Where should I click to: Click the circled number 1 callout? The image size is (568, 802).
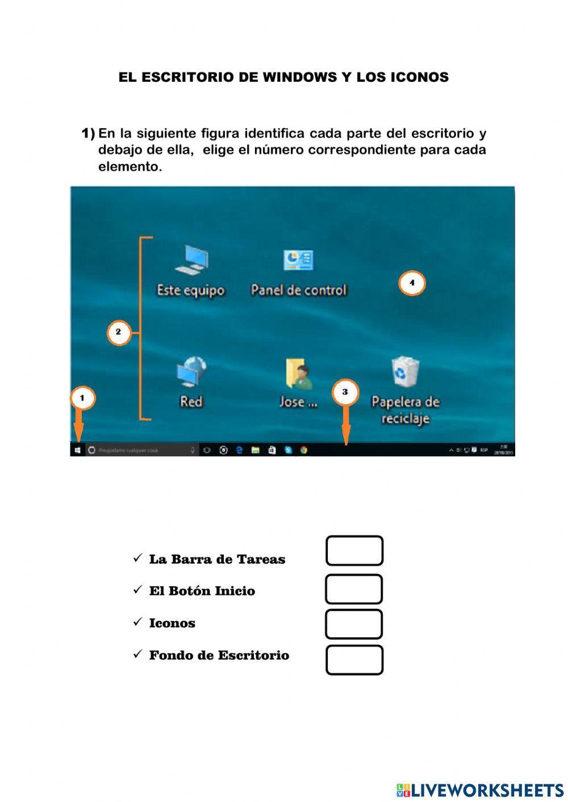(82, 398)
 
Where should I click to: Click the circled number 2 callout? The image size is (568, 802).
(118, 333)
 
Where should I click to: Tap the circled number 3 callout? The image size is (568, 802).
(345, 392)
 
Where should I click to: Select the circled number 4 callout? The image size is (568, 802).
(412, 283)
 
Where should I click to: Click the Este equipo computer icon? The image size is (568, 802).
(191, 261)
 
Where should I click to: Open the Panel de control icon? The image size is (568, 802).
(298, 261)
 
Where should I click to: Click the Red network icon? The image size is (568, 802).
(191, 372)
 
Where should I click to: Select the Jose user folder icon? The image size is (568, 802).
(299, 373)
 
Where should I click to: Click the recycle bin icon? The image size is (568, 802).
(406, 372)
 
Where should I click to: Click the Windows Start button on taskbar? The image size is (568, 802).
(77, 450)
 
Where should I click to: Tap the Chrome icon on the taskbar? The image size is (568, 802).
(304, 450)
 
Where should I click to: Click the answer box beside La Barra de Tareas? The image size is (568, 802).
(354, 551)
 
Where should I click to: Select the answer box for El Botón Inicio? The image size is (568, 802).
(354, 589)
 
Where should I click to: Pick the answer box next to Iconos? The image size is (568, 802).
(354, 624)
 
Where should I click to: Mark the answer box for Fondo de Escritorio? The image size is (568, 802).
(354, 660)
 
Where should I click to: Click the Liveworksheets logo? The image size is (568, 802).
(480, 790)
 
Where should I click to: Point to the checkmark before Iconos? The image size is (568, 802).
(137, 622)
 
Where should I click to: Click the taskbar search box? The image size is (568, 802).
(142, 450)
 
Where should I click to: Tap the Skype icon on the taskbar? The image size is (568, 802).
(288, 450)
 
